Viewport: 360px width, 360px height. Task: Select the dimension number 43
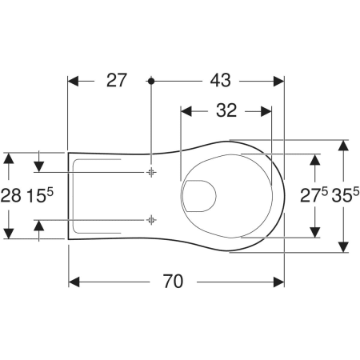[218, 81]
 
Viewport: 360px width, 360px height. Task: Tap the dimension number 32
[226, 111]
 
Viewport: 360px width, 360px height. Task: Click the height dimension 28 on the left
[12, 195]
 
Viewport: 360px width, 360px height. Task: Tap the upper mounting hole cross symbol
[150, 172]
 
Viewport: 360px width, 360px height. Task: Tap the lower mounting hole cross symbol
[150, 218]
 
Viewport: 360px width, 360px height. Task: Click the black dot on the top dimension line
[150, 81]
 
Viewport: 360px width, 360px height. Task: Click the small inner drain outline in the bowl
[200, 195]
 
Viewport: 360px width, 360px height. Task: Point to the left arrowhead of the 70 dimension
[72, 281]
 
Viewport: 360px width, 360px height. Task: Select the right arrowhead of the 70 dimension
[280, 281]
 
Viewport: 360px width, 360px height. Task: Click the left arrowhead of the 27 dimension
[72, 81]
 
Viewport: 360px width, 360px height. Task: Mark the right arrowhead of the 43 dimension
[280, 81]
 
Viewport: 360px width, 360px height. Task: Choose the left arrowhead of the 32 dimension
[186, 111]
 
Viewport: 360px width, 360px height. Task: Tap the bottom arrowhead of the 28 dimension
[9, 233]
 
